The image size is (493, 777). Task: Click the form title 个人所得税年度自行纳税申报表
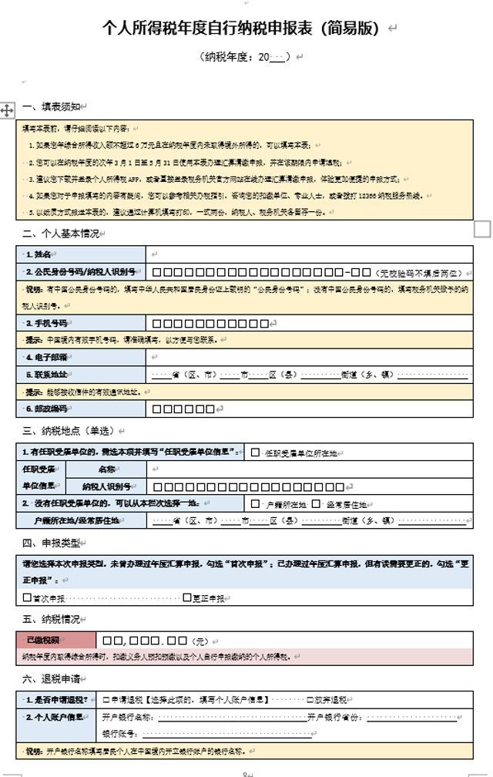(241, 29)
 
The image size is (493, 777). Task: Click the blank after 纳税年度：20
(277, 57)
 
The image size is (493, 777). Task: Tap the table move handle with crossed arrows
(7, 110)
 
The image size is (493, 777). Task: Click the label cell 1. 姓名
(81, 254)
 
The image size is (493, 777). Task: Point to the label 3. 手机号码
(81, 324)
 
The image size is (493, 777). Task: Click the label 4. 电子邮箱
(81, 358)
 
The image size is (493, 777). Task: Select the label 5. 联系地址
(81, 375)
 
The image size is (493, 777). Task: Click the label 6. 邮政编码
(81, 409)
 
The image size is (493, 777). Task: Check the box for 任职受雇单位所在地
(255, 452)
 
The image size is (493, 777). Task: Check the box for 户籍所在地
(256, 503)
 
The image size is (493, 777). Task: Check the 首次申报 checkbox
(28, 597)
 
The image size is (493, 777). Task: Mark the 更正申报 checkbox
(187, 597)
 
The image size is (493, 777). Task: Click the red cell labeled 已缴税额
(56, 640)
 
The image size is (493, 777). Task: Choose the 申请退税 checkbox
(106, 700)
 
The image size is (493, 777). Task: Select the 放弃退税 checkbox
(310, 700)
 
